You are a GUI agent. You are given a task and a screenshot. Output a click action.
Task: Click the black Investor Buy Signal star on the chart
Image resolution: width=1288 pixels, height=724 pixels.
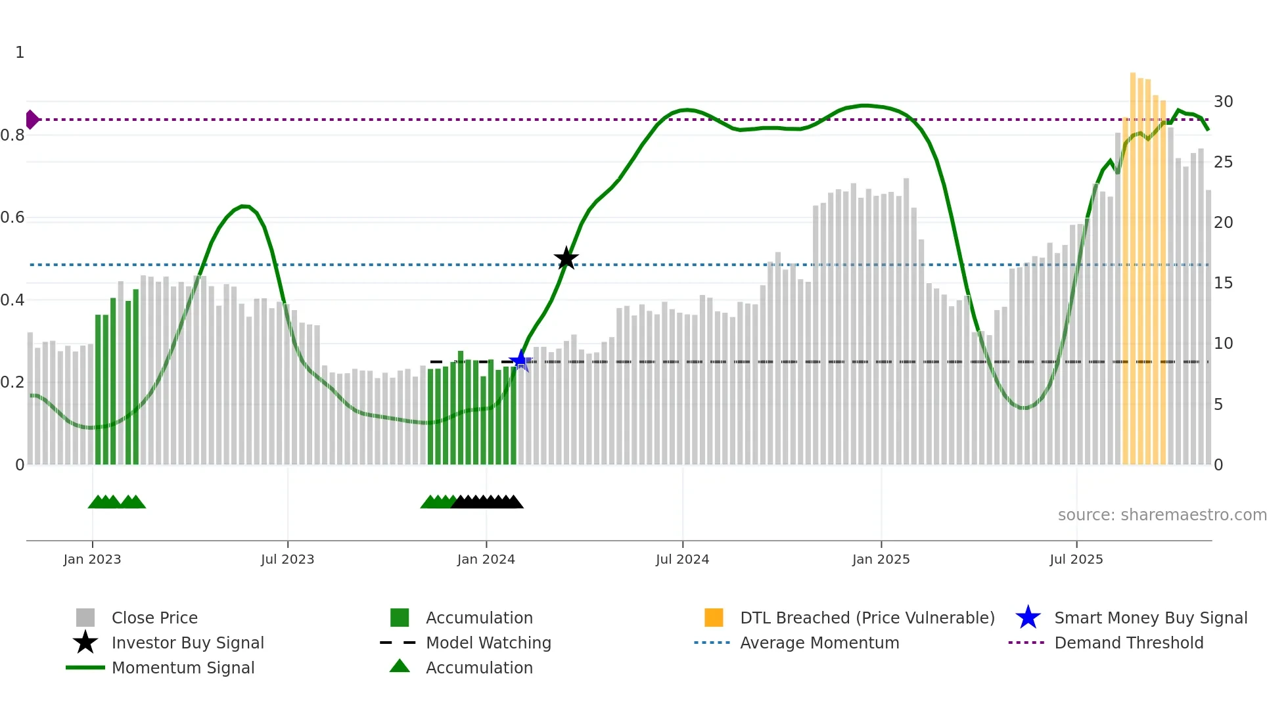coord(566,259)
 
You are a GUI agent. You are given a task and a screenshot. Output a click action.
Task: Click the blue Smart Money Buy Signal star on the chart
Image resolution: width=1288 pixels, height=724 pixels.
coord(520,360)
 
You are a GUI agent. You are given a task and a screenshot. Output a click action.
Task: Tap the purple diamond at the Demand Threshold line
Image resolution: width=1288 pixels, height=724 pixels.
coord(32,120)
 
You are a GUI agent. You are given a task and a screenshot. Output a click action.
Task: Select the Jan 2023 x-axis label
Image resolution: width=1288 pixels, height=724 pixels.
coord(92,559)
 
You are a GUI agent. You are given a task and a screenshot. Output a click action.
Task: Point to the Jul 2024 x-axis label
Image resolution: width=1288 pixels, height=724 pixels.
coord(682,559)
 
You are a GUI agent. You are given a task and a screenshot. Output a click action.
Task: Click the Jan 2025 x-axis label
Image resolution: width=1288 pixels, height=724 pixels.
coord(881,559)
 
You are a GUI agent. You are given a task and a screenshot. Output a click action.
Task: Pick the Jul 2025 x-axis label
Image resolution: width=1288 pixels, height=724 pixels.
coord(1076,559)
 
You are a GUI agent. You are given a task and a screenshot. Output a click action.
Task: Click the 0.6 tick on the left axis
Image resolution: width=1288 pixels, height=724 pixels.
coord(12,217)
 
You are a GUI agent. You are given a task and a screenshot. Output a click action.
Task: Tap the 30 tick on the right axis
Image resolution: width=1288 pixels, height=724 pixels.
coord(1223,102)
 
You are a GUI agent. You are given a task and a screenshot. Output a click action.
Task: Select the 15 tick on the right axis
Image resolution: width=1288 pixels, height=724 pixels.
coord(1223,283)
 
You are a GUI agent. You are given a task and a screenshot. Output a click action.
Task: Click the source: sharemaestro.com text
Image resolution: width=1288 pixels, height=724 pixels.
coord(1162,515)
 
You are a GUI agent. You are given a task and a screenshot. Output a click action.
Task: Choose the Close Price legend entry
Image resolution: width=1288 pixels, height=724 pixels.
coord(154,618)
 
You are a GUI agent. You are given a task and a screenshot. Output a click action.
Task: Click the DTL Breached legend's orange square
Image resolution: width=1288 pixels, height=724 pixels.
coord(714,618)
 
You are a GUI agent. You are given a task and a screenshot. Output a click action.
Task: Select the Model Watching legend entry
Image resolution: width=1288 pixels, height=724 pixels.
coord(488,643)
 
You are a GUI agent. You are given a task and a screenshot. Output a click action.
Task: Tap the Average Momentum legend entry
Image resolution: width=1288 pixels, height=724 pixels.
coord(819,643)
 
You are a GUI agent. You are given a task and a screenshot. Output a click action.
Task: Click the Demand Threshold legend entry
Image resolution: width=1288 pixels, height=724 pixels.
coord(1128,643)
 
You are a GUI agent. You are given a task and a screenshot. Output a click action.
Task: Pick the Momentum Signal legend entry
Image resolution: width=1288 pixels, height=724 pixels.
coord(183,667)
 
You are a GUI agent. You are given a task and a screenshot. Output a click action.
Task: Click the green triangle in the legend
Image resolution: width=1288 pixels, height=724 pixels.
coord(400,666)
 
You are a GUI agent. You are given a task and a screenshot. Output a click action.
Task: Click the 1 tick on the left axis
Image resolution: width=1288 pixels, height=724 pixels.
coord(20,53)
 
